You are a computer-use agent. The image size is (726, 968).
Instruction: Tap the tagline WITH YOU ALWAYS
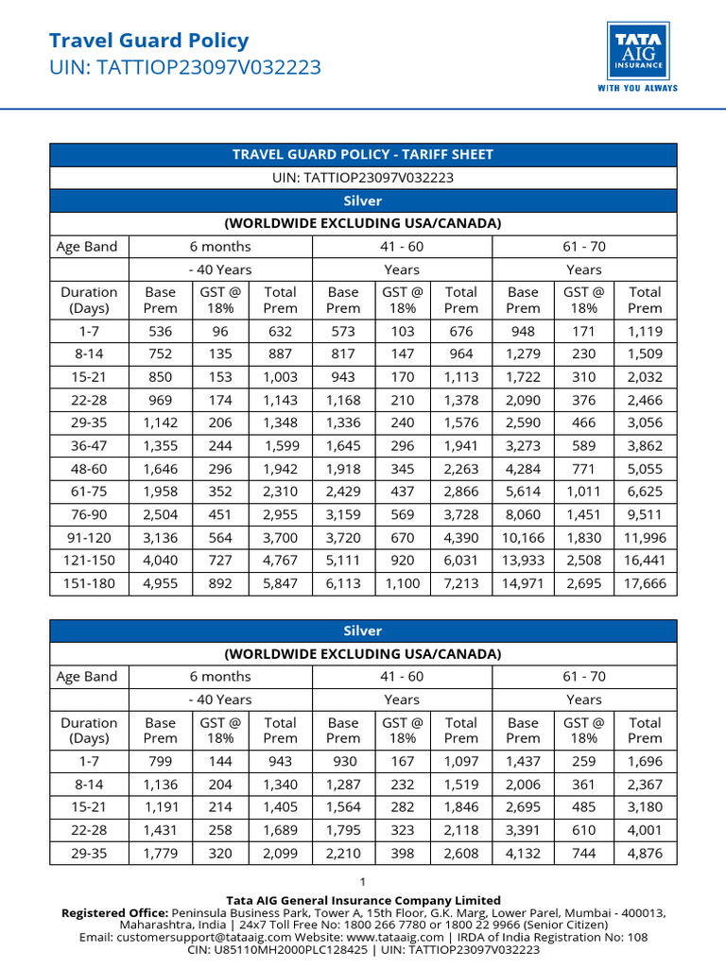[637, 88]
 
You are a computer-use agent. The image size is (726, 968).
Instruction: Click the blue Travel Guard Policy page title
[148, 41]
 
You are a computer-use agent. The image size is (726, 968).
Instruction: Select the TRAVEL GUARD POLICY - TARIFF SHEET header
[363, 154]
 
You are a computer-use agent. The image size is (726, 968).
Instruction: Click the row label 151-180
[88, 583]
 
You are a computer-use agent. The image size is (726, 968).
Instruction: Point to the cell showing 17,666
[645, 583]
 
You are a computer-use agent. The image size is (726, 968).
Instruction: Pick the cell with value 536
[160, 331]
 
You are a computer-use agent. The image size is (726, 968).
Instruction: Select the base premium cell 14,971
[523, 583]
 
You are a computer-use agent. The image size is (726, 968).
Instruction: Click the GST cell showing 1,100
[402, 583]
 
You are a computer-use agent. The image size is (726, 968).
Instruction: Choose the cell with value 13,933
[523, 561]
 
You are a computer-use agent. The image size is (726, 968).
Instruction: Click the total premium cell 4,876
[645, 853]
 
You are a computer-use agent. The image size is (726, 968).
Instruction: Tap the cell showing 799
[160, 761]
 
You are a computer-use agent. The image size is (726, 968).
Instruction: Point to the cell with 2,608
[461, 853]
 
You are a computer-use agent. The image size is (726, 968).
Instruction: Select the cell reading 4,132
[523, 853]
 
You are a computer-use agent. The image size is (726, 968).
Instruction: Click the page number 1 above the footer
[362, 881]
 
